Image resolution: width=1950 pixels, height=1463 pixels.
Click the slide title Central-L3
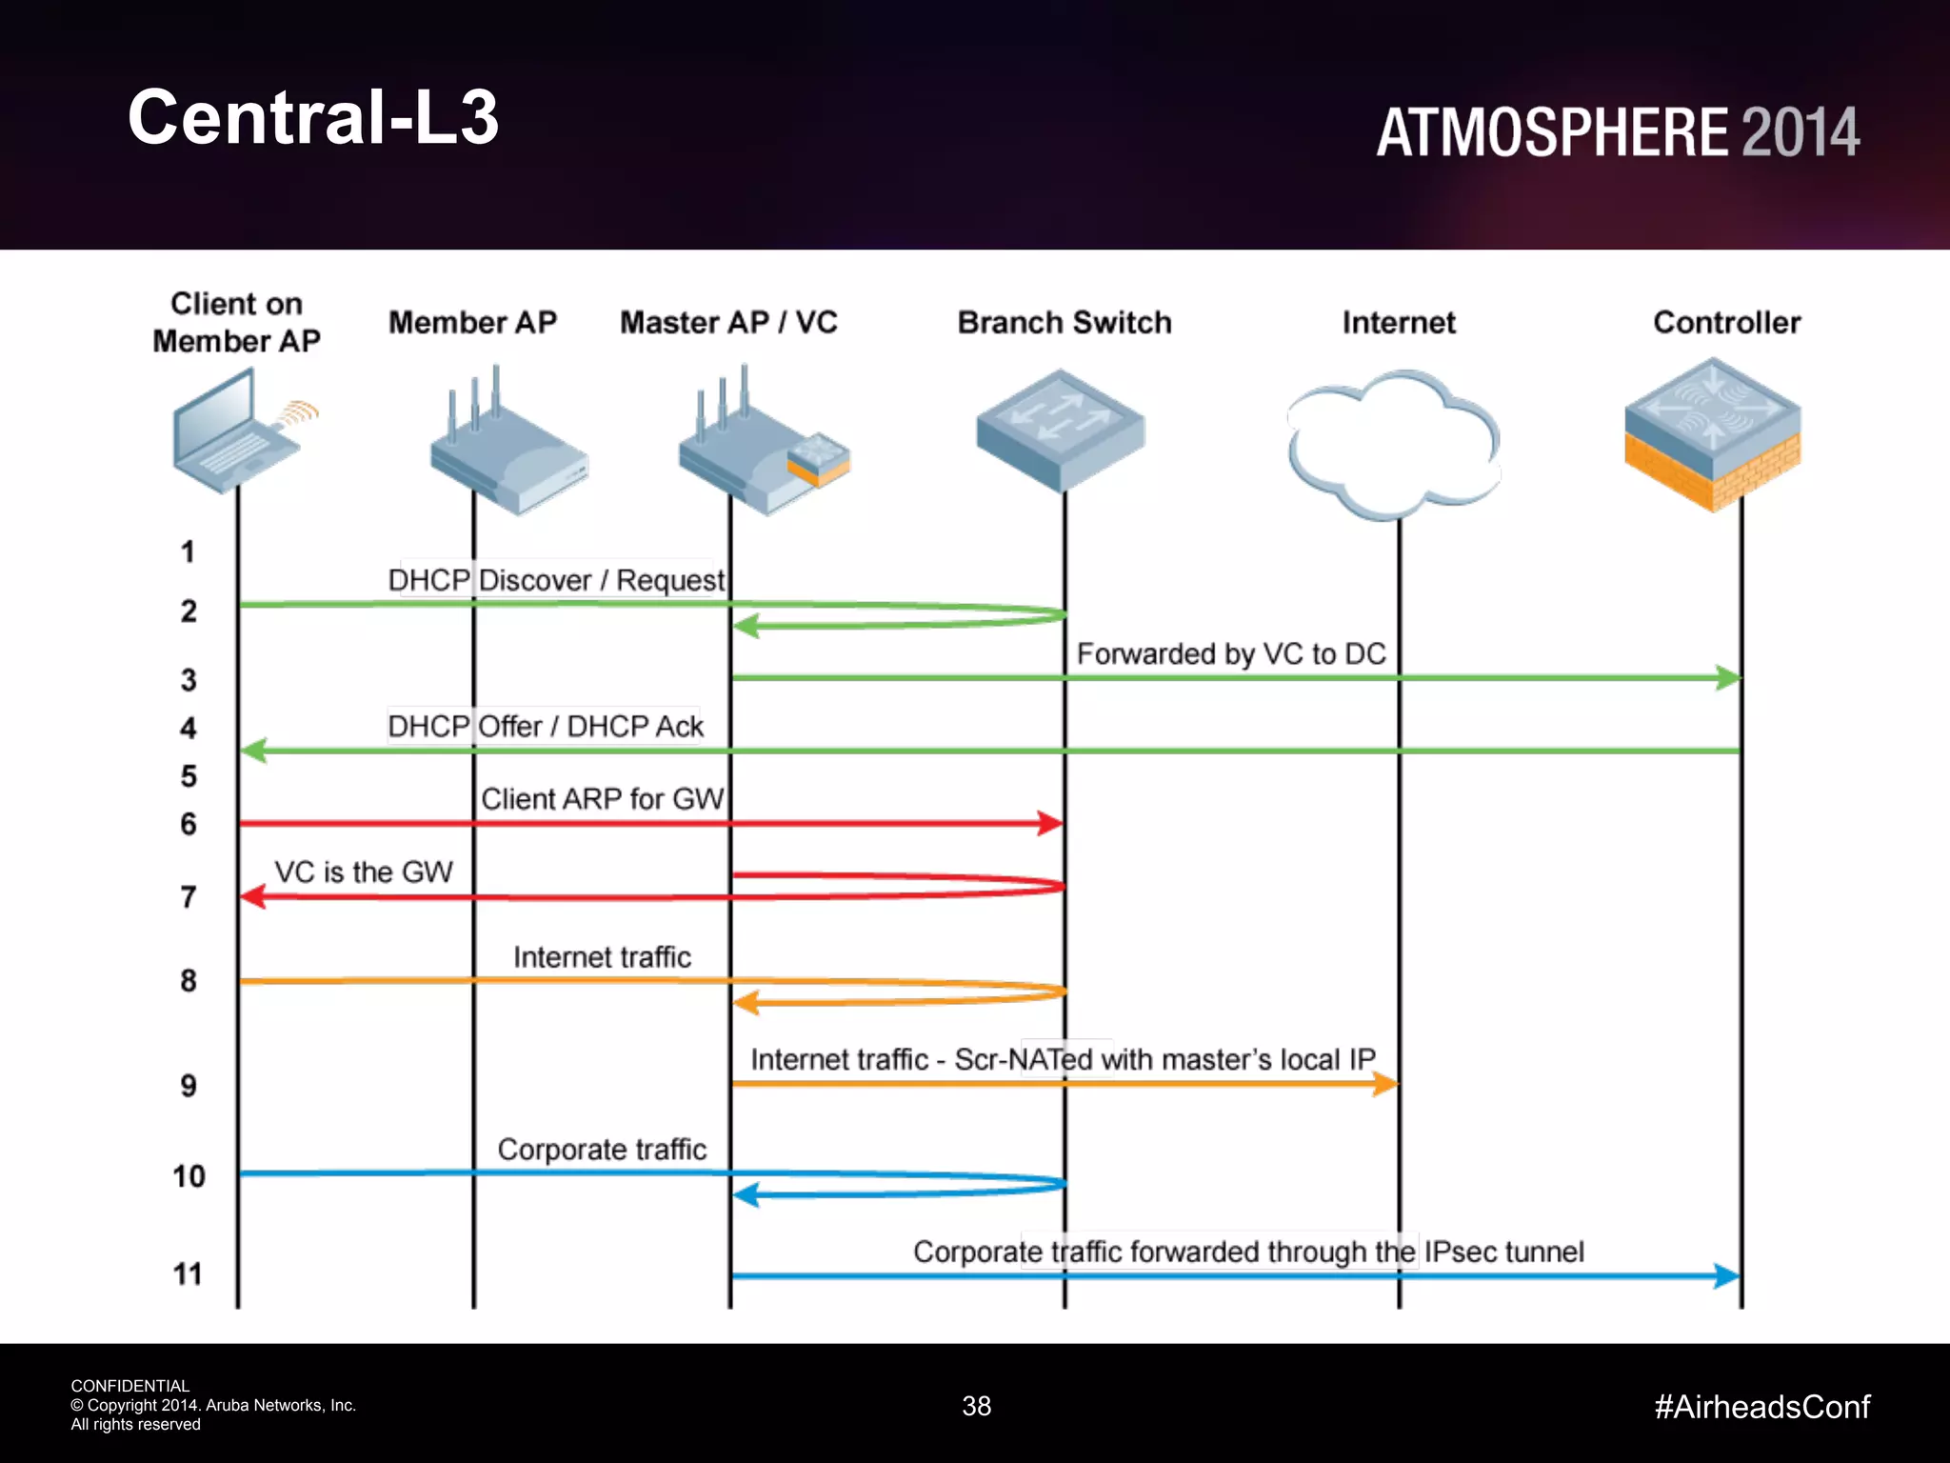coord(313,117)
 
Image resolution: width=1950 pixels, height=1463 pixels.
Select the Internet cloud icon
coord(1394,443)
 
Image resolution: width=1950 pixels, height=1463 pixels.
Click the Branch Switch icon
coord(1061,429)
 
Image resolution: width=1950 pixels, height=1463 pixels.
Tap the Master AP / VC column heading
coord(728,323)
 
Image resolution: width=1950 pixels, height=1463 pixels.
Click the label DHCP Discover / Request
coord(556,580)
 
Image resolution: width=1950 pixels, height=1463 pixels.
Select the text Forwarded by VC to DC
coord(1230,653)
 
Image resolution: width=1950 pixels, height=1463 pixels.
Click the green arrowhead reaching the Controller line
coord(1728,678)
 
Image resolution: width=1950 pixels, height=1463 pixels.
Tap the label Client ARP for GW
coord(602,798)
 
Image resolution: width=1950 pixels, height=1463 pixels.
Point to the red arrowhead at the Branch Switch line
coord(1050,823)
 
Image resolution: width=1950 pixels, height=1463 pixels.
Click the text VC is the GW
coord(364,872)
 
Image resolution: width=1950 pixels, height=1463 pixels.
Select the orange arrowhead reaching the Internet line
coord(1385,1084)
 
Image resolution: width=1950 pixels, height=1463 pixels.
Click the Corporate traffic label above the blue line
coord(602,1150)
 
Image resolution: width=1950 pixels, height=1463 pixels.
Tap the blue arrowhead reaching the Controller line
coord(1726,1276)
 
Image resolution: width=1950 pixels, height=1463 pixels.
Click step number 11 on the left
coord(188,1274)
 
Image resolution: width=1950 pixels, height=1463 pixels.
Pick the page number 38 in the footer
coord(976,1406)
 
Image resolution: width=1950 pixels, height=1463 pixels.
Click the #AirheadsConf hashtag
coord(1761,1407)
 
